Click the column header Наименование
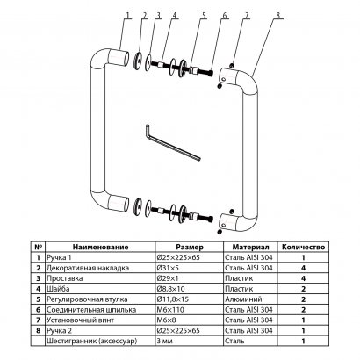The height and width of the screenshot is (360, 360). (97, 248)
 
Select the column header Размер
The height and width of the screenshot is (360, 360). (190, 248)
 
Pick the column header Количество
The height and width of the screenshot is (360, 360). (304, 248)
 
